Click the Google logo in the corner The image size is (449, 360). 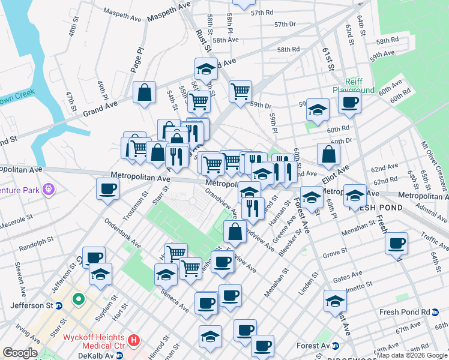click(20, 353)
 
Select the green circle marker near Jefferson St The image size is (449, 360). click(78, 299)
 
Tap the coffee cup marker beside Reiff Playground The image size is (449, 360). click(349, 101)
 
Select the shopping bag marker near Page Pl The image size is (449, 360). click(145, 92)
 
